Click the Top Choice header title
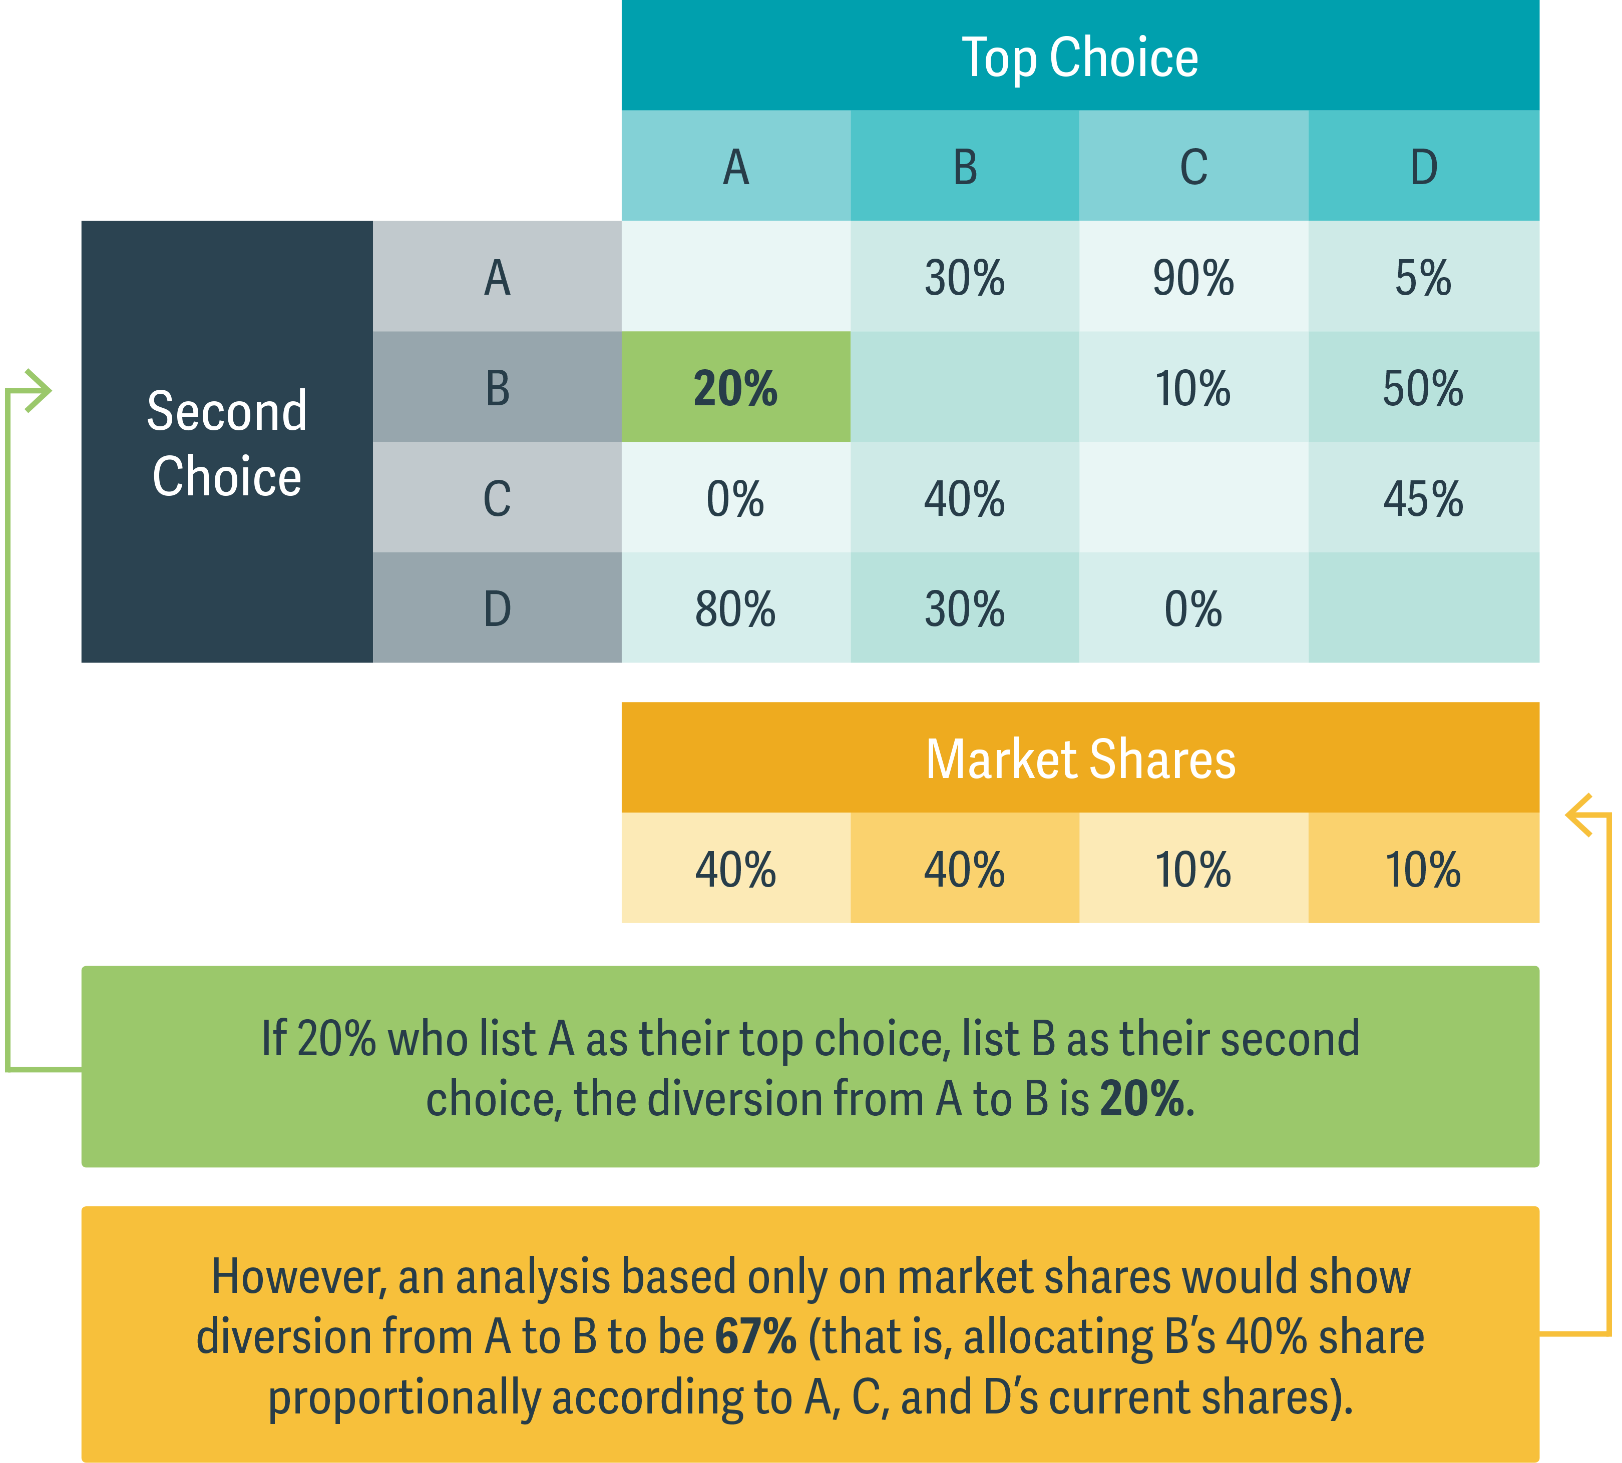click(x=1079, y=58)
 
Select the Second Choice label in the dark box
click(x=227, y=443)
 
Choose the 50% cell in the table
click(x=1423, y=388)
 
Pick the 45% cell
click(x=1423, y=498)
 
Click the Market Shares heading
click(x=1079, y=759)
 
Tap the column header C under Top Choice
click(x=1193, y=167)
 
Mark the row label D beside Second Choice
click(x=497, y=608)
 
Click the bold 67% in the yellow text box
click(x=755, y=1337)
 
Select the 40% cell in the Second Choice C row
click(x=964, y=498)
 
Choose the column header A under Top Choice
click(x=736, y=167)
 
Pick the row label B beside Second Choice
click(x=497, y=388)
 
